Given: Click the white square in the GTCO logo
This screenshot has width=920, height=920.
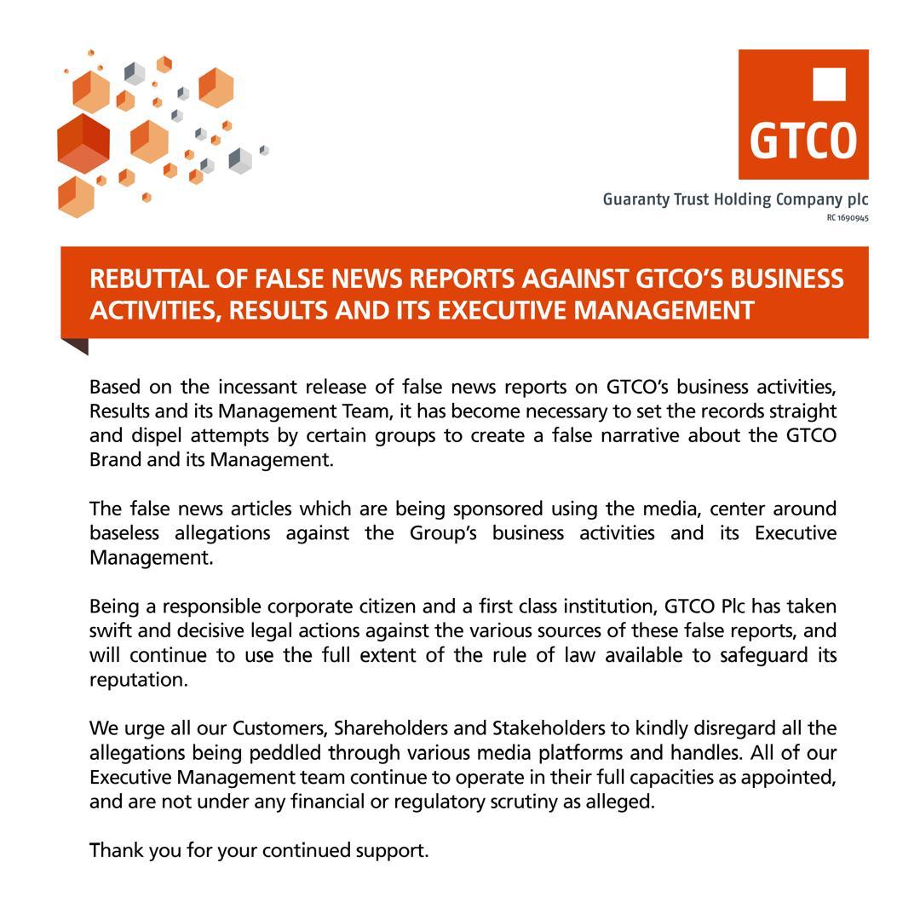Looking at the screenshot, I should coord(829,84).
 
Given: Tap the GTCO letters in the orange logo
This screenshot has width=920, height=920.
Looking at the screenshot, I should coord(802,141).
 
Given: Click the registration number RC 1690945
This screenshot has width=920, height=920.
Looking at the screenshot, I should coord(847,218).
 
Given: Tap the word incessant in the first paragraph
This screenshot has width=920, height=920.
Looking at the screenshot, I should coord(257,388).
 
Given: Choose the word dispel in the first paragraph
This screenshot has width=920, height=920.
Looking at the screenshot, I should coord(157,436).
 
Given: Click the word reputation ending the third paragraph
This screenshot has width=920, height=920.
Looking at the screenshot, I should coord(137,681).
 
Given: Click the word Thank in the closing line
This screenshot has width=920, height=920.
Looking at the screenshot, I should coord(115,851).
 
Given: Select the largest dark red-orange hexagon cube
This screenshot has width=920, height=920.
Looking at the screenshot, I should coord(83,142).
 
